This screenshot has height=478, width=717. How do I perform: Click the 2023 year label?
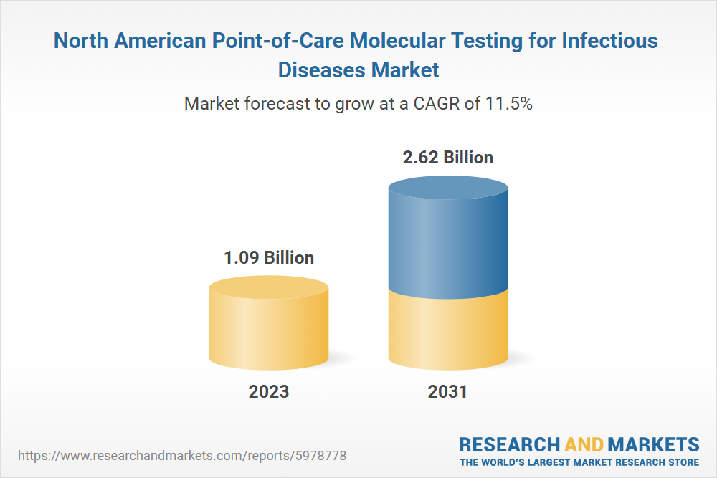(x=269, y=391)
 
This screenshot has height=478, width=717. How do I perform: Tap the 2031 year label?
(x=447, y=391)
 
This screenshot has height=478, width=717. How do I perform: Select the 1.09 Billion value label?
(x=269, y=258)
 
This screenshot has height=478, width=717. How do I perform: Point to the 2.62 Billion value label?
(x=448, y=157)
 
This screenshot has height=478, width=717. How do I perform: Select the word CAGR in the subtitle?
(x=435, y=103)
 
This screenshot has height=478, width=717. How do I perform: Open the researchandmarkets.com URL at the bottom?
(x=182, y=455)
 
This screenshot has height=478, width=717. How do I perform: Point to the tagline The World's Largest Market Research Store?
(x=579, y=462)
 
